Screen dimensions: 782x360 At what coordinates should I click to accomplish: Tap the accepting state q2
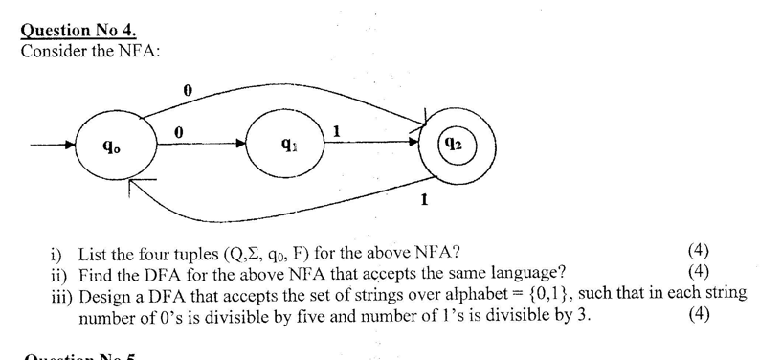click(455, 146)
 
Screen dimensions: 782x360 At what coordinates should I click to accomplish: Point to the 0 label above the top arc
click(188, 90)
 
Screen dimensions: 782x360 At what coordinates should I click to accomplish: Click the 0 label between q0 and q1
click(179, 131)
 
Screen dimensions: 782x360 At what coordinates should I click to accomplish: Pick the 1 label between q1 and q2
click(336, 129)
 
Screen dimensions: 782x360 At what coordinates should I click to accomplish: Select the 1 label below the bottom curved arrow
click(424, 199)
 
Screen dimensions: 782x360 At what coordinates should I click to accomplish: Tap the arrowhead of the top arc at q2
click(418, 124)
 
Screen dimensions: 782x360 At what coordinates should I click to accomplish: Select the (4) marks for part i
click(699, 252)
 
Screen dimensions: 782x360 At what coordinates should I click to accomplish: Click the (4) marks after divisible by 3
click(699, 315)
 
